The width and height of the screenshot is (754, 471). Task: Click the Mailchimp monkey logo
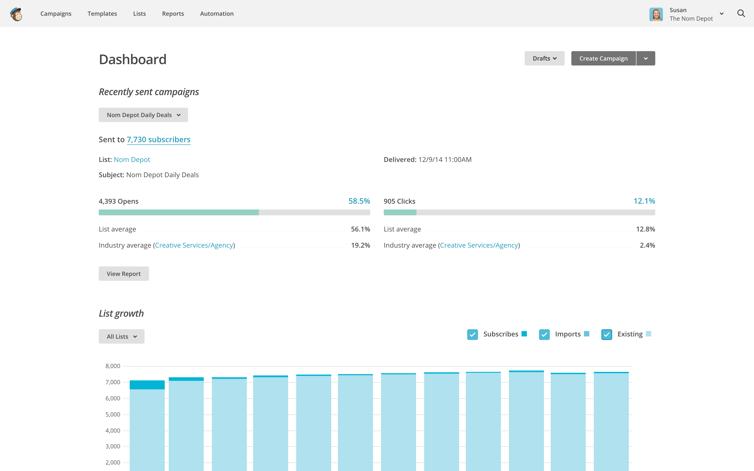pyautogui.click(x=16, y=14)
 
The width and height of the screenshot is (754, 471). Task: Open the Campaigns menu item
pyautogui.click(x=56, y=14)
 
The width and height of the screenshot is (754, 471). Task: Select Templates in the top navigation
pyautogui.click(x=102, y=14)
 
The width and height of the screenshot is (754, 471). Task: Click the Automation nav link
pyautogui.click(x=217, y=14)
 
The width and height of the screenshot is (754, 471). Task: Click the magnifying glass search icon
pyautogui.click(x=741, y=14)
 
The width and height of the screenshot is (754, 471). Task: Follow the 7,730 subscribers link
pyautogui.click(x=159, y=140)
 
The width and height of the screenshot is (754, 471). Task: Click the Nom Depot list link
pyautogui.click(x=132, y=159)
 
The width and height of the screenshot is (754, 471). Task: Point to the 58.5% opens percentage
pyautogui.click(x=359, y=201)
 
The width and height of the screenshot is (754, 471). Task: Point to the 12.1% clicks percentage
pyautogui.click(x=644, y=201)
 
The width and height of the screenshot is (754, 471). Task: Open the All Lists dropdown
pyautogui.click(x=121, y=336)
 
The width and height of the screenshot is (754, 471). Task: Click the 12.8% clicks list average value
pyautogui.click(x=645, y=229)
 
